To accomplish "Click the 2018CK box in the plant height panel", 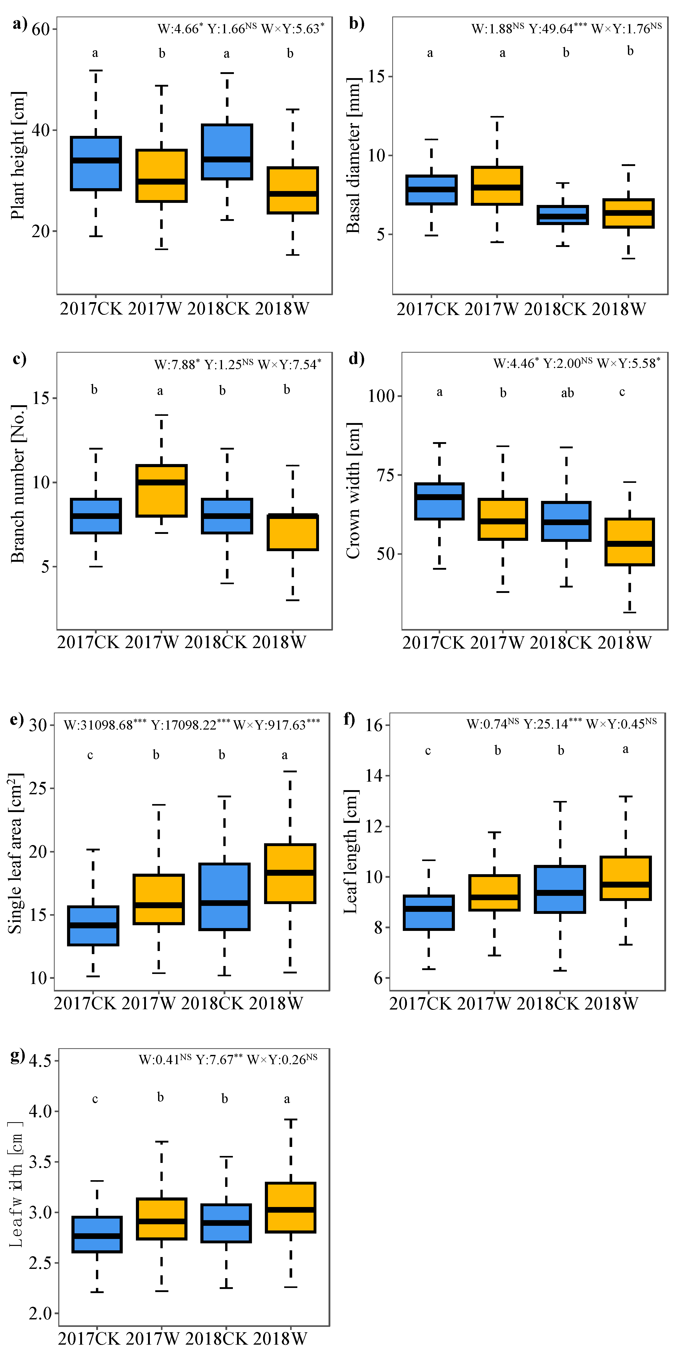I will coord(227,152).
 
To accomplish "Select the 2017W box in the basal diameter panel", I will coord(497,186).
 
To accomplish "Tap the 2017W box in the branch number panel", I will coord(161,491).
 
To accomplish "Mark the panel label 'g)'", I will coord(17,1055).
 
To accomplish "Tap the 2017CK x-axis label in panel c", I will coord(88,642).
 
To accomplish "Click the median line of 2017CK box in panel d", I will coord(439,497).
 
